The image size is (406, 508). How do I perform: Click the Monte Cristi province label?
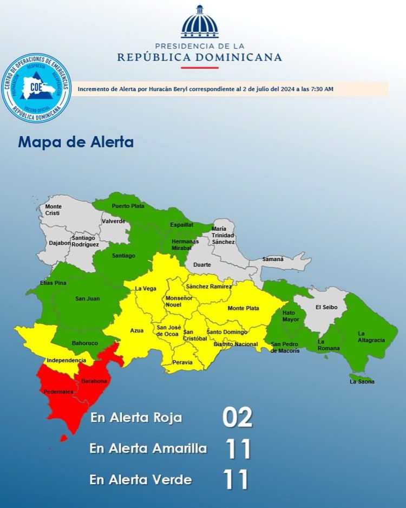[x=53, y=210]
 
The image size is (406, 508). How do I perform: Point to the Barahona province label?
[x=94, y=381]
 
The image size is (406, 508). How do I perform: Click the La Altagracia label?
[x=371, y=336]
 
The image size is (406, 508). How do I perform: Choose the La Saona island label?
[x=362, y=382]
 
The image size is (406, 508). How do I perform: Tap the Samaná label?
[x=273, y=259]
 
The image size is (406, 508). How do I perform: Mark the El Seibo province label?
[x=326, y=307]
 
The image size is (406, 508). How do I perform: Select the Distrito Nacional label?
[x=235, y=344]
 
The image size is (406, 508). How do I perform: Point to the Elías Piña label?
[x=53, y=283]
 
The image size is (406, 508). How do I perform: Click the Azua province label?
[x=137, y=330]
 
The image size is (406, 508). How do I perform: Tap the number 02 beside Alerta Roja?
[x=237, y=418]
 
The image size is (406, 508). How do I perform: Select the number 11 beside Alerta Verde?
[x=237, y=479]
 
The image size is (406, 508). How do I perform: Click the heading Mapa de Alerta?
[x=76, y=142]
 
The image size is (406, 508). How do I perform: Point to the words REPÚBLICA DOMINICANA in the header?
[x=200, y=57]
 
